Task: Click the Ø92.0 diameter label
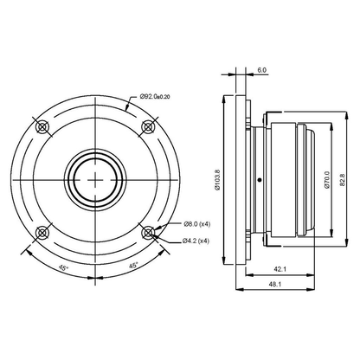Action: click(155, 97)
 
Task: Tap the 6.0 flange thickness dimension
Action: click(262, 70)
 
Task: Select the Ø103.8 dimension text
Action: click(217, 180)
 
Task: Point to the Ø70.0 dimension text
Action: click(326, 180)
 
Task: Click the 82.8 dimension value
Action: click(342, 180)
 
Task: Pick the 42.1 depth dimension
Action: click(280, 269)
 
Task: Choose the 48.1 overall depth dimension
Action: click(274, 284)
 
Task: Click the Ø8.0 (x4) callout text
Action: click(197, 224)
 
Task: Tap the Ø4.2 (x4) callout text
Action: click(196, 241)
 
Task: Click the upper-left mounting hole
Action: click(42, 126)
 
